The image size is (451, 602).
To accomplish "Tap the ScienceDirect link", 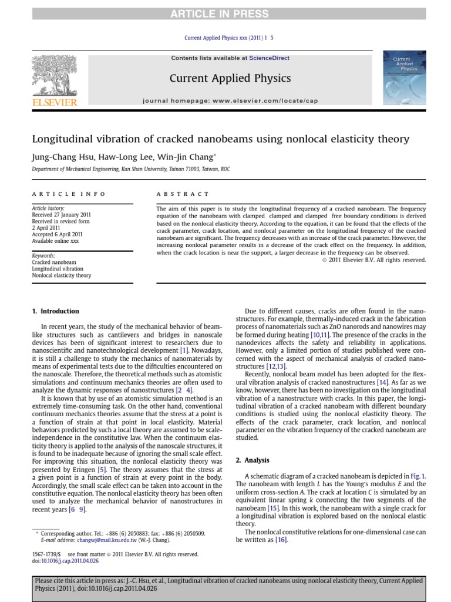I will (x=269, y=58).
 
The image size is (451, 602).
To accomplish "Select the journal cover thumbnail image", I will (x=404, y=77).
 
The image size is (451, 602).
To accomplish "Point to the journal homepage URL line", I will (x=230, y=101).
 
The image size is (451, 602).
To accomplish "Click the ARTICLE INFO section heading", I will (x=69, y=193).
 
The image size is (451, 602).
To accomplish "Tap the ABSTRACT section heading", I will (x=182, y=193).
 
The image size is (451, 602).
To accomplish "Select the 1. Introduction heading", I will (x=55, y=311).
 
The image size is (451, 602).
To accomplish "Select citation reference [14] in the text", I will (x=382, y=382).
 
